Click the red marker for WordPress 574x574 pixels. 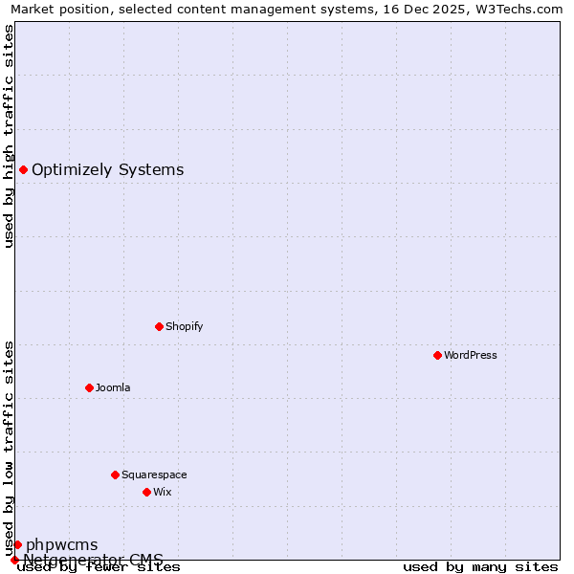[x=437, y=355]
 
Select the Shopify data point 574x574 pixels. [x=159, y=326]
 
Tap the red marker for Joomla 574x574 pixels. [x=89, y=387]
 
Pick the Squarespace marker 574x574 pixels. [x=115, y=475]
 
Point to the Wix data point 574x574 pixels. [x=146, y=492]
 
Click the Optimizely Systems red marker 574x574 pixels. [x=23, y=170]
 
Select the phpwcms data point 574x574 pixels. [x=17, y=544]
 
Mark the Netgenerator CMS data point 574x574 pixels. [x=14, y=560]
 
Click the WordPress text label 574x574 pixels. [x=471, y=355]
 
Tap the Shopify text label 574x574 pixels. [x=185, y=326]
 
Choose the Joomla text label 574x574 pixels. [x=113, y=387]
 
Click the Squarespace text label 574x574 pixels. [x=154, y=475]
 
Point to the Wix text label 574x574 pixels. [x=163, y=492]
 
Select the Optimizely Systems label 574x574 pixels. [x=108, y=170]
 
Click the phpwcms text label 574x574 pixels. [x=62, y=545]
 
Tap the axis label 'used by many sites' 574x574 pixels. [x=480, y=566]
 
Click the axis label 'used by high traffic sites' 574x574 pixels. [x=10, y=136]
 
